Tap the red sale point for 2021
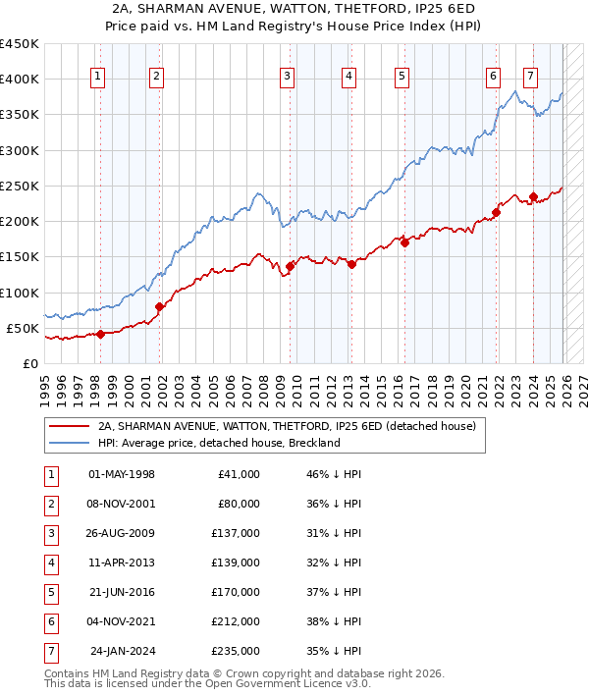point(496,212)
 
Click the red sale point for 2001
point(160,306)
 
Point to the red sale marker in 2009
point(291,266)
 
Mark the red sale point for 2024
point(533,196)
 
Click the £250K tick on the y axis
point(20,186)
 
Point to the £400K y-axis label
point(20,80)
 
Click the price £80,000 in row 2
point(238,505)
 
